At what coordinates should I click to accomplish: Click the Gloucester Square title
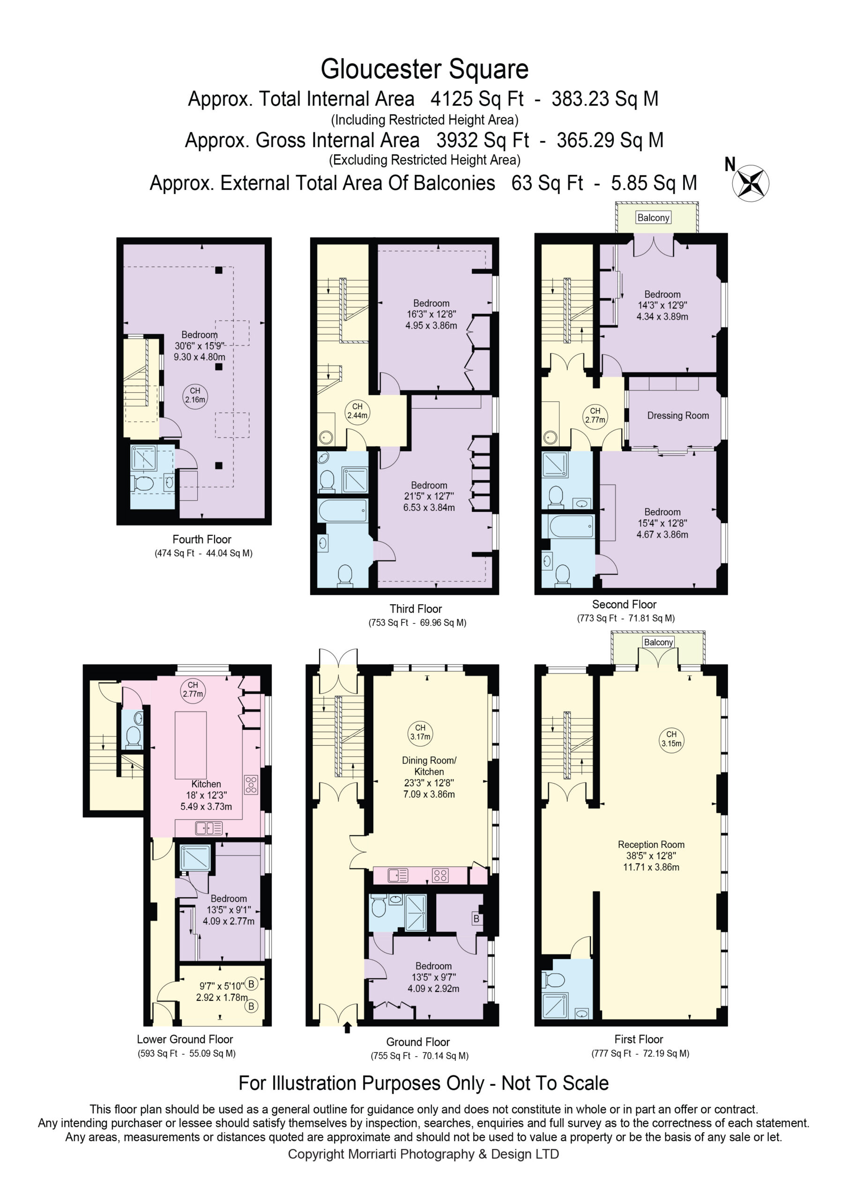click(424, 69)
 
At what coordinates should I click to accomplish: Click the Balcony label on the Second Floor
click(653, 218)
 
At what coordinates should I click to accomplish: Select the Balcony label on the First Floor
click(658, 642)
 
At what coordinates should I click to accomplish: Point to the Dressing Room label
click(677, 415)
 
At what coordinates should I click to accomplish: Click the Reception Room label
click(651, 844)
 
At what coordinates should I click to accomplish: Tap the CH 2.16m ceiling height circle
click(195, 395)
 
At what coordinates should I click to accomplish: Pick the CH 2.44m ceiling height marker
click(357, 411)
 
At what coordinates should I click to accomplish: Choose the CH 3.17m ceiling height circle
click(420, 732)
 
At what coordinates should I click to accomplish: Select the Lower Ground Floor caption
click(185, 1039)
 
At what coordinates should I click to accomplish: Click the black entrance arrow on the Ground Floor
click(348, 1028)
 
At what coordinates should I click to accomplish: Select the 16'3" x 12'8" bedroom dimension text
click(431, 314)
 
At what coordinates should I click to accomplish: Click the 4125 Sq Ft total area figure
click(476, 99)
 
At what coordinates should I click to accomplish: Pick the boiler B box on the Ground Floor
click(476, 918)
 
